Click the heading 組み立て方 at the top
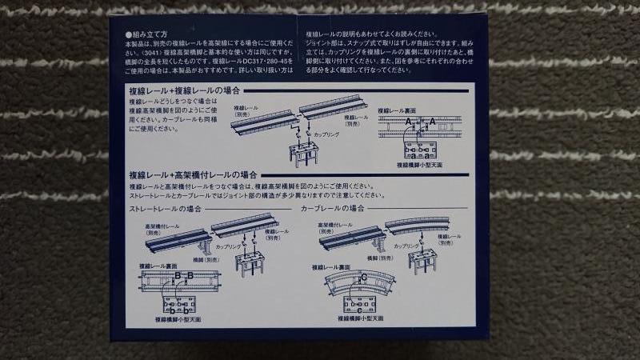[147, 35]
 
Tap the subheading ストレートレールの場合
[165, 209]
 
